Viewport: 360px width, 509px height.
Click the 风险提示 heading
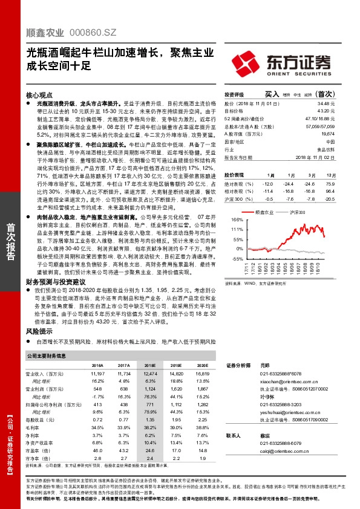coord(39,332)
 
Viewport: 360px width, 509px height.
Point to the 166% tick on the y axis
coord(237,220)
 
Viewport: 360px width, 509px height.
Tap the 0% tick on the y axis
coord(239,248)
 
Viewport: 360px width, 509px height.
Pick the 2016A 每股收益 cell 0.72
coord(98,419)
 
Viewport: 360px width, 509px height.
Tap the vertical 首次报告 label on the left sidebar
coord(11,241)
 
